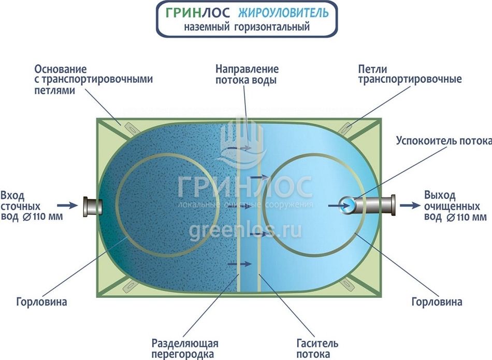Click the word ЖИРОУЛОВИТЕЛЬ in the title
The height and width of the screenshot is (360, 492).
coord(284,13)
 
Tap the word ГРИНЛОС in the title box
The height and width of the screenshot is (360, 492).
coord(199,13)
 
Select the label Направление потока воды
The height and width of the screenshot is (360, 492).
coord(247,75)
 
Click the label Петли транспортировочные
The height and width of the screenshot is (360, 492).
coord(409,75)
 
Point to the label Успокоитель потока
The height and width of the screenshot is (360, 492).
coord(443,140)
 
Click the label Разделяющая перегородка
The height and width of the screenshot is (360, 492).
coord(185,349)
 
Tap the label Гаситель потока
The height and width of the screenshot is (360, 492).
coord(317,349)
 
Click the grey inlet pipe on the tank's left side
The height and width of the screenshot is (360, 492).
coord(92,206)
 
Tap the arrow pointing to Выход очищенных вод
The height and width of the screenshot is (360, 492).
coord(410,205)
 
